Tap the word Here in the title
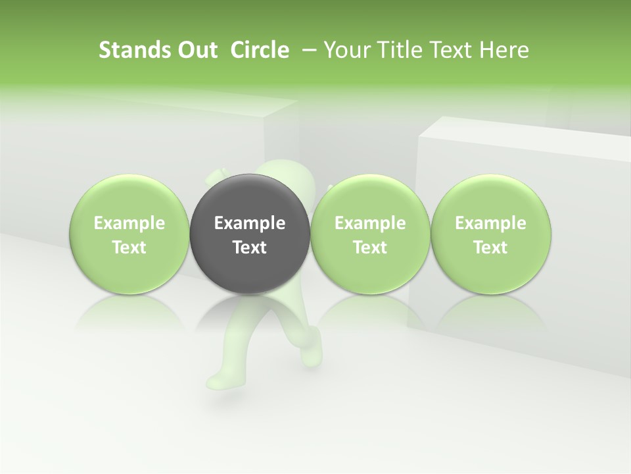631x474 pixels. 504,50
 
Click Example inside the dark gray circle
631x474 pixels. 250,223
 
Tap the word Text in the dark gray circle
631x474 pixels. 250,248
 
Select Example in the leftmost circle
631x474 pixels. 129,223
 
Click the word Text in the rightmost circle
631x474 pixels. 490,248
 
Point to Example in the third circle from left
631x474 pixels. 370,223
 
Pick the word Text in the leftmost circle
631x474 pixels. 129,248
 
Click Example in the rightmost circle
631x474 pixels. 490,223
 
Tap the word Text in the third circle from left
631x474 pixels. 370,248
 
